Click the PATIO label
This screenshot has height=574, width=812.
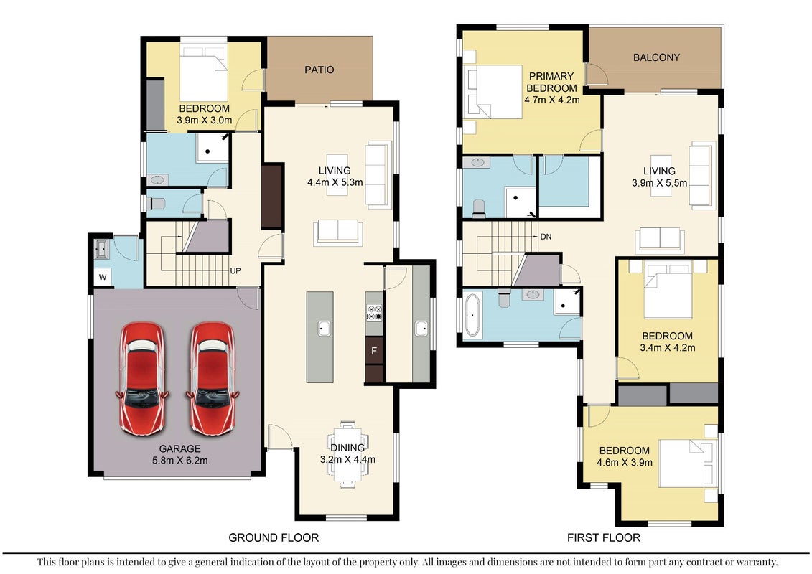[x=319, y=70]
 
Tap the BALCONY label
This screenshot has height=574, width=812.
[x=656, y=57]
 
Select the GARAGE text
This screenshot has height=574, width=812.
[x=179, y=448]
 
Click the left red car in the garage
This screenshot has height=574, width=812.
[x=142, y=378]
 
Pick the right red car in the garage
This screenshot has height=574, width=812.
[x=213, y=378]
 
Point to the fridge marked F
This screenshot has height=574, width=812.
[x=374, y=351]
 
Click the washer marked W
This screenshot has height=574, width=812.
[x=103, y=277]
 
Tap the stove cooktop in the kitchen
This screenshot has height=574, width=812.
[x=375, y=313]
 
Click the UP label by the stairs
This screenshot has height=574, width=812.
[x=235, y=270]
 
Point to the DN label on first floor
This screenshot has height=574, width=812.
[x=546, y=237]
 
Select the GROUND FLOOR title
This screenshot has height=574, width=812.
[x=274, y=538]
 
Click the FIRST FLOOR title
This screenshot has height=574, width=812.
[x=604, y=538]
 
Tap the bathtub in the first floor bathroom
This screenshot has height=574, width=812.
[x=472, y=315]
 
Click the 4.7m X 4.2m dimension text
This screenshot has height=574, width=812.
[x=552, y=100]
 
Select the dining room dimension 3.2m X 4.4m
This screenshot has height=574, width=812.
[x=347, y=459]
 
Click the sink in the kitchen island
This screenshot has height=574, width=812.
[x=325, y=328]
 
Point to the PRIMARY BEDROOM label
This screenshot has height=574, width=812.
[x=551, y=82]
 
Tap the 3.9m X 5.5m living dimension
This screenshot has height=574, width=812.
[x=659, y=183]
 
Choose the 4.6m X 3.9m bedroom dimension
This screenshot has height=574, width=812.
[x=625, y=462]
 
